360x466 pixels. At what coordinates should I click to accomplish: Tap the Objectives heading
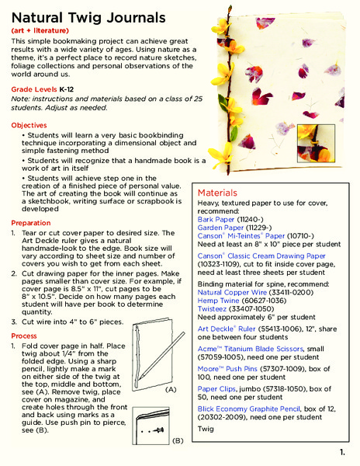pyautogui.click(x=29, y=125)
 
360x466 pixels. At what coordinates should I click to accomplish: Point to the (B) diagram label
pyautogui.click(x=176, y=440)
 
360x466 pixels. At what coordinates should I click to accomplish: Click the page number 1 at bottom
pyautogui.click(x=342, y=451)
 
